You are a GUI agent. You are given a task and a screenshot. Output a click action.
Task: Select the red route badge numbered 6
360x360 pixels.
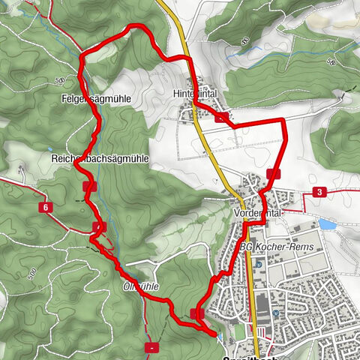(x=46, y=207)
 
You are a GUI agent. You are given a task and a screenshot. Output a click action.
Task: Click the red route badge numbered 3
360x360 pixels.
(x=319, y=193)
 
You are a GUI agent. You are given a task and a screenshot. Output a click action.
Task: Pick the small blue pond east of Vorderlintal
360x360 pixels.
(x=328, y=223)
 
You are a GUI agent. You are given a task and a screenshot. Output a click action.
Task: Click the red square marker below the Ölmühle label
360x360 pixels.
(x=152, y=347)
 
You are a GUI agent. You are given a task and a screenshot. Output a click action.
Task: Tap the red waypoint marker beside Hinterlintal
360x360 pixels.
(x=221, y=117)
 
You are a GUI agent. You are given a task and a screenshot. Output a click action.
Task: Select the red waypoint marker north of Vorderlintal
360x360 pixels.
(x=272, y=174)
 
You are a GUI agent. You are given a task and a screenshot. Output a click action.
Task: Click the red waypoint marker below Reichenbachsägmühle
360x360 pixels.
(x=91, y=186)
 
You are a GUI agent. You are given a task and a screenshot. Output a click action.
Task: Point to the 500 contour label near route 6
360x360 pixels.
(x=31, y=271)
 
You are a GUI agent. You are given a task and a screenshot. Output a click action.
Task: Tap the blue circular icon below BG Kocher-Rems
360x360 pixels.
(x=258, y=264)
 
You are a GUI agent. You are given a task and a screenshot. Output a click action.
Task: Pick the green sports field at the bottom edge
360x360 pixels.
(x=238, y=330)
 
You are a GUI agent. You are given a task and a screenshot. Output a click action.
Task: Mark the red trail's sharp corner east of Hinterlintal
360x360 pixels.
(x=283, y=120)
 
